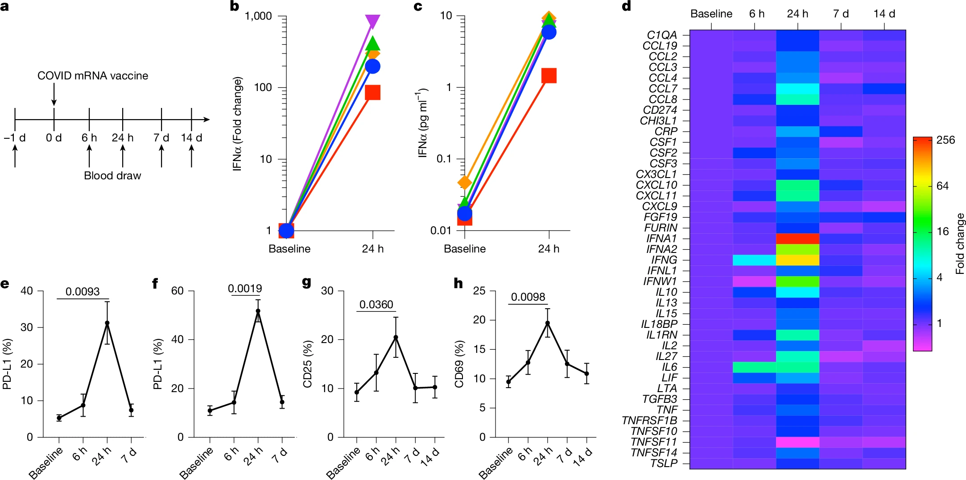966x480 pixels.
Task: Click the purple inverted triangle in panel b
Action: click(372, 21)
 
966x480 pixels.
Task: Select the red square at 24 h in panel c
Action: click(549, 75)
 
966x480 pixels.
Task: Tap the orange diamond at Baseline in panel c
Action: click(465, 182)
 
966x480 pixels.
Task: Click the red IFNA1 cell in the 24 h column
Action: click(797, 239)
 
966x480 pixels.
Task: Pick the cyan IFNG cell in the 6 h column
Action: click(754, 260)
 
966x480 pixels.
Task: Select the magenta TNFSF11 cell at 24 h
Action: click(797, 442)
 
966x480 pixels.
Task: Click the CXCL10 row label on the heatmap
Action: click(656, 185)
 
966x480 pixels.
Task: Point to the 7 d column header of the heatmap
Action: click(840, 14)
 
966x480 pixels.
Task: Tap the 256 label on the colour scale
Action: click(945, 140)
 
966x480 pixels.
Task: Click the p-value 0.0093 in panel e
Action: click(83, 292)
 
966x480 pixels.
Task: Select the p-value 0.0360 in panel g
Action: click(376, 305)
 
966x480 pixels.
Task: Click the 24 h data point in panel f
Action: click(258, 311)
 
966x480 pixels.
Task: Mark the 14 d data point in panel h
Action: click(586, 373)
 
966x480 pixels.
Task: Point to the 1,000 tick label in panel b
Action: click(258, 17)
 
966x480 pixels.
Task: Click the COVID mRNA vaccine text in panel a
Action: click(93, 76)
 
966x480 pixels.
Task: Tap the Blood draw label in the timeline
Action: click(112, 176)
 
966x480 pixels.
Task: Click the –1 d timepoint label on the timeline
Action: click(15, 138)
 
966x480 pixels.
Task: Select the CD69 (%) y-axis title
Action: click(459, 364)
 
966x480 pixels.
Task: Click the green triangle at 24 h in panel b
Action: click(372, 44)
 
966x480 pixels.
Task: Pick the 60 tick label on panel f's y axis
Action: click(177, 291)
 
